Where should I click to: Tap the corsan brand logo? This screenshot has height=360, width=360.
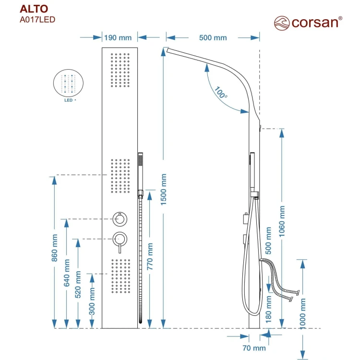point(308,22)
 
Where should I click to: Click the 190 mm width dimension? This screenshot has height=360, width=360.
point(118,37)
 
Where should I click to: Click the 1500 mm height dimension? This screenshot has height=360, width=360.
point(163,190)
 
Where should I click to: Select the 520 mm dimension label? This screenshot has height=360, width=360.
point(79,287)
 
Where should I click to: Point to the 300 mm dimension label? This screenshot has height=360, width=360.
point(92,301)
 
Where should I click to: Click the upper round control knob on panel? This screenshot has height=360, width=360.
point(119,219)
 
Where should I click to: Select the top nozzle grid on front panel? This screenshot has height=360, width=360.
point(120,70)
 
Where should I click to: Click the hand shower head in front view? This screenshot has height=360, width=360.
point(141,161)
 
